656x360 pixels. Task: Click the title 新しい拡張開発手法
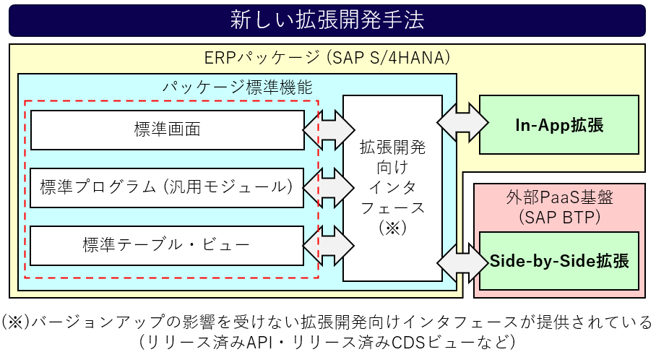click(327, 20)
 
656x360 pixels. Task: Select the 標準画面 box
click(168, 130)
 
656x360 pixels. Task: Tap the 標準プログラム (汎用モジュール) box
click(167, 187)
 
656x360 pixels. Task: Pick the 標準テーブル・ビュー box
click(167, 246)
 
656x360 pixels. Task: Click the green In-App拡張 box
click(559, 125)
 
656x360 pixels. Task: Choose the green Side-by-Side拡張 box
click(559, 261)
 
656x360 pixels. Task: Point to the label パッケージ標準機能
click(237, 87)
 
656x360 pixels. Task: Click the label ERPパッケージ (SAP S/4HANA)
click(327, 57)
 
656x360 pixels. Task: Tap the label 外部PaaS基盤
click(559, 197)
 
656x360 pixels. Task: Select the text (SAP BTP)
click(559, 217)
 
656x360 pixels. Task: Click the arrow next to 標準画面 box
click(329, 130)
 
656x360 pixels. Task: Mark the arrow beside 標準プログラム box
click(329, 188)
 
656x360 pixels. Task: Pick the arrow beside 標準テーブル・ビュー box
click(329, 246)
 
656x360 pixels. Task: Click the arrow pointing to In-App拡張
click(462, 123)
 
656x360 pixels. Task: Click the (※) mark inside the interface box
click(392, 228)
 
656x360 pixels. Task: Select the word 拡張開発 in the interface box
click(392, 147)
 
